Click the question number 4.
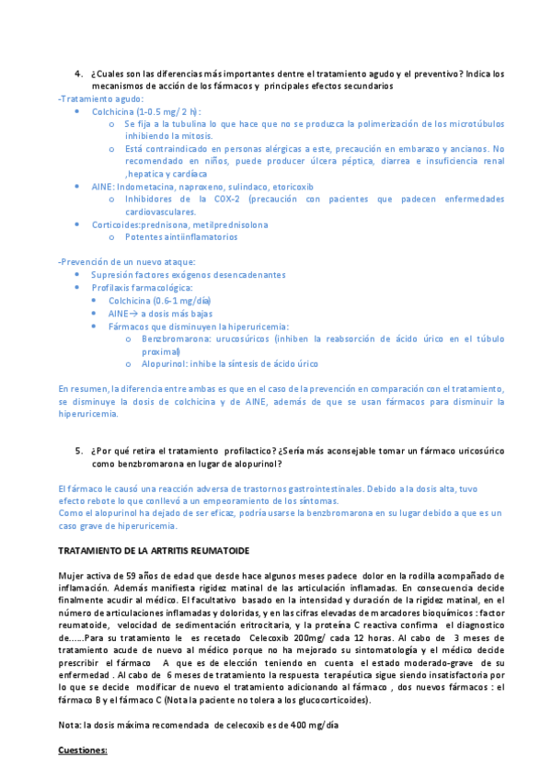[77, 73]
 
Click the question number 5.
[77, 451]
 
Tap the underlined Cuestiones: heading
[83, 751]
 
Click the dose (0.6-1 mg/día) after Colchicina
[182, 301]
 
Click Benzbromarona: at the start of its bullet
[173, 338]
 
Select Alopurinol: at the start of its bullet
[167, 364]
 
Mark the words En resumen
[79, 389]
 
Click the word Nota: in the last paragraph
[70, 725]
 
